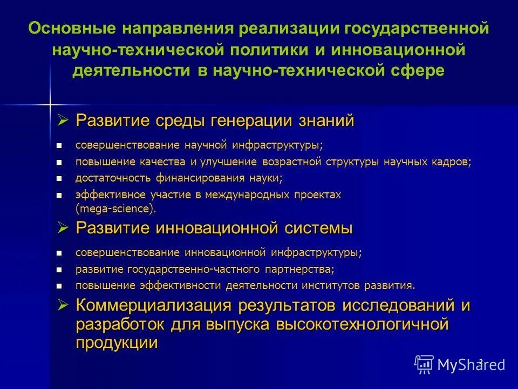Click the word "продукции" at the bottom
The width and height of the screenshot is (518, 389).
(117, 343)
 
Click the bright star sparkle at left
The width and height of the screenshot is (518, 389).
(49, 103)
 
